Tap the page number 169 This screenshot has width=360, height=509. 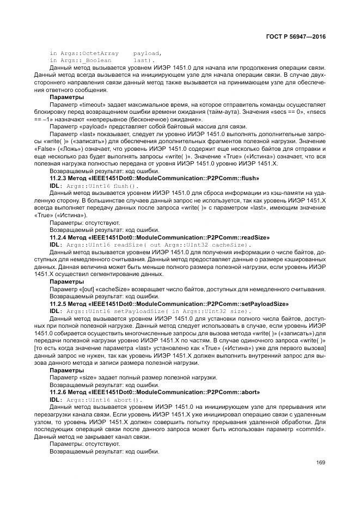(320, 463)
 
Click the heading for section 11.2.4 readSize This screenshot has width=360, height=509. (160, 237)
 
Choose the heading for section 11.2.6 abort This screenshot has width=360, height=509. (155, 391)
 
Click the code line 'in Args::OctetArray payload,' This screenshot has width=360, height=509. (106, 53)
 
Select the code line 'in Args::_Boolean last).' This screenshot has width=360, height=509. (102, 60)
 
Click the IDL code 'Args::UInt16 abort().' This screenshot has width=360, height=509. (103, 399)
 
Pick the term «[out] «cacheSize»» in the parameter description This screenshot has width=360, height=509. (107, 289)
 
